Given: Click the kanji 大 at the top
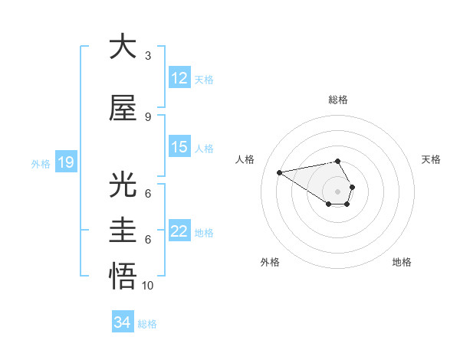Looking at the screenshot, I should pyautogui.click(x=123, y=47).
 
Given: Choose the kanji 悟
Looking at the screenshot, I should pyautogui.click(x=123, y=275).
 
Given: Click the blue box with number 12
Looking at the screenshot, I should pyautogui.click(x=179, y=78).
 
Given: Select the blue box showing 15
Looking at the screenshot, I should pyautogui.click(x=179, y=147).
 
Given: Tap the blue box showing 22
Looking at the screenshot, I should pyautogui.click(x=179, y=231).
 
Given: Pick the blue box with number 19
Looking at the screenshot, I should pyautogui.click(x=65, y=162).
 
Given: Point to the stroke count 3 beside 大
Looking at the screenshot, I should pyautogui.click(x=148, y=56).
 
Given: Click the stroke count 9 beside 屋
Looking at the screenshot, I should pyautogui.click(x=148, y=117).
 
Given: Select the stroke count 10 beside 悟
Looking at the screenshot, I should pyautogui.click(x=148, y=285).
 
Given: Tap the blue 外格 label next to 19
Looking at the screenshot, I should pyautogui.click(x=41, y=163).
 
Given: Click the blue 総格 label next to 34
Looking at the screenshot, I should pyautogui.click(x=147, y=324).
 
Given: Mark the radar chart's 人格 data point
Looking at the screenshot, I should pyautogui.click(x=279, y=172).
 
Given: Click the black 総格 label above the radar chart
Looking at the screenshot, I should pyautogui.click(x=338, y=100).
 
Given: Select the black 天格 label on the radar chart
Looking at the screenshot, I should pyautogui.click(x=431, y=159).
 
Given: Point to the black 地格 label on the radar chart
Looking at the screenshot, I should pyautogui.click(x=402, y=262).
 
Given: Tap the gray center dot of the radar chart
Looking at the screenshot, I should pyautogui.click(x=337, y=191).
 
